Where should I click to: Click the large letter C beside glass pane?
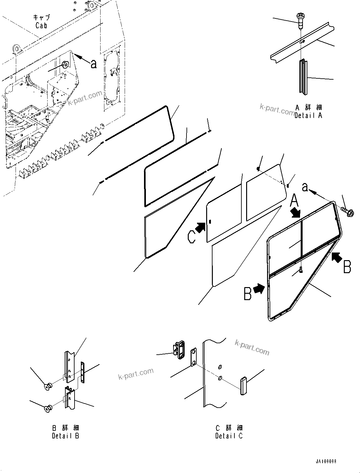click(192, 237)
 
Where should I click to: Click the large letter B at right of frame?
click(347, 266)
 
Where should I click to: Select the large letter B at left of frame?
click(248, 293)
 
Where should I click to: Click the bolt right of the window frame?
click(348, 212)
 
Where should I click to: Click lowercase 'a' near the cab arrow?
click(93, 64)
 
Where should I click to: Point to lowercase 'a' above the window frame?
click(305, 188)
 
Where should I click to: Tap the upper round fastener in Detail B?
click(49, 386)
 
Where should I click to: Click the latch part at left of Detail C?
click(179, 350)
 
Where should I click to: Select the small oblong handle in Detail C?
click(243, 385)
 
